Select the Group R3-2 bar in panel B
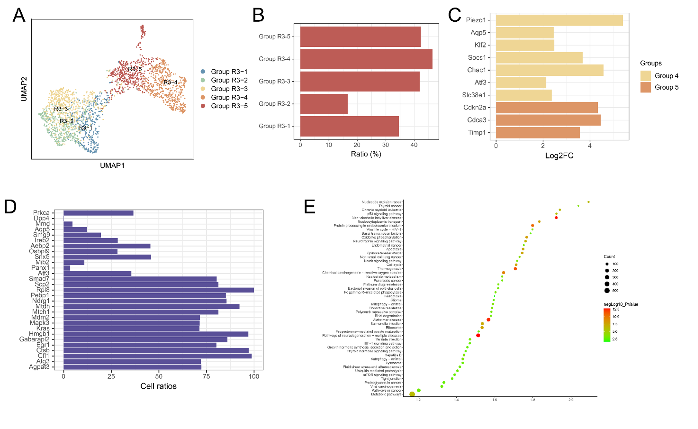(324, 104)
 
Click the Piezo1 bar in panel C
(559, 20)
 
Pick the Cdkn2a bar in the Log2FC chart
(547, 107)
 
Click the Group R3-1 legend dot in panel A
(203, 72)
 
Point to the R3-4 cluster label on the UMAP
(170, 82)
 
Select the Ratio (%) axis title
(366, 154)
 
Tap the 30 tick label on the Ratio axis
(385, 145)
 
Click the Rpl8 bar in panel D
(158, 290)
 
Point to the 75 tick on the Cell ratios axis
(206, 377)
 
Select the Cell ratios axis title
(158, 386)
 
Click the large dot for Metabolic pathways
(412, 394)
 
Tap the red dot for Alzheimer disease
(488, 320)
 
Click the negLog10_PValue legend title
(621, 304)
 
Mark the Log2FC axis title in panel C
(559, 156)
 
